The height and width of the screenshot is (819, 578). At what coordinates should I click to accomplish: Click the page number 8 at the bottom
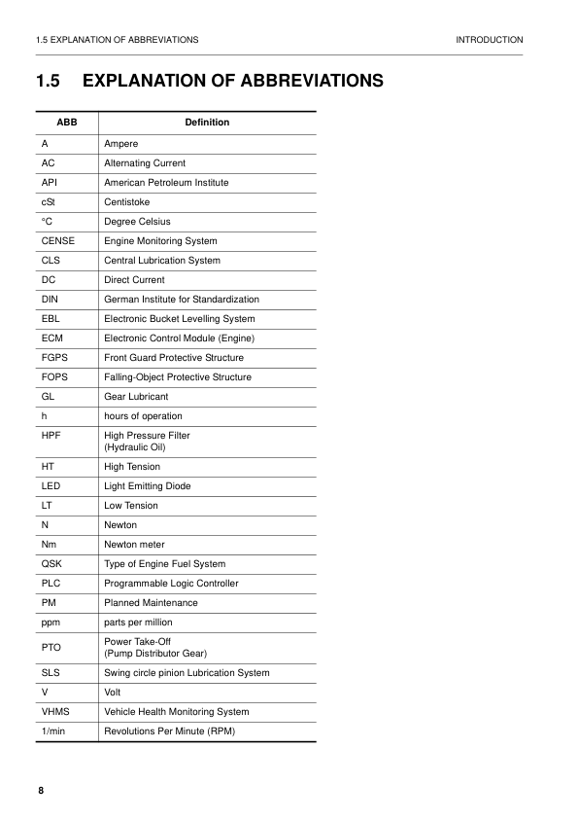point(41,790)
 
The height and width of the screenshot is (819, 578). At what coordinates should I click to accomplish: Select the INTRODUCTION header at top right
point(489,40)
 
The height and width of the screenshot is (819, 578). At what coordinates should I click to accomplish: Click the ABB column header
point(67,123)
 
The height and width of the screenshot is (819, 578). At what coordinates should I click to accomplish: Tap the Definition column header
point(207,123)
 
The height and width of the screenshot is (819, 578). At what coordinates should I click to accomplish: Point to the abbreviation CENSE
point(57,241)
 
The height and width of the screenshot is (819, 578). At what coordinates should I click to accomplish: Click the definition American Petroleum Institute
point(166,183)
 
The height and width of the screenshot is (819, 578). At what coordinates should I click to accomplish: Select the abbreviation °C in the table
point(47,222)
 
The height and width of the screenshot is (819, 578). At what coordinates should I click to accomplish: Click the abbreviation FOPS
point(54,377)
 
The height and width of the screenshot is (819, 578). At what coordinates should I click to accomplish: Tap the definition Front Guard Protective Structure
point(174,358)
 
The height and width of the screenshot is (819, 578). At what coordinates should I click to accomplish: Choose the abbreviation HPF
point(51,436)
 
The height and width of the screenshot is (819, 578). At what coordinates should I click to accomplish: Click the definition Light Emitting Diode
point(147,486)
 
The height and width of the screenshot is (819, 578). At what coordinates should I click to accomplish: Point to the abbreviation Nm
point(49,545)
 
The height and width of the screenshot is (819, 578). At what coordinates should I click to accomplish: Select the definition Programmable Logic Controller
point(171,584)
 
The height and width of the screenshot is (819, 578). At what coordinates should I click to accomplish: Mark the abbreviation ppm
point(51,623)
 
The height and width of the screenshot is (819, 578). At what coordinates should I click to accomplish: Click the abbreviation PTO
point(51,648)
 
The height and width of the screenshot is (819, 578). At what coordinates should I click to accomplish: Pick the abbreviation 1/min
point(54,731)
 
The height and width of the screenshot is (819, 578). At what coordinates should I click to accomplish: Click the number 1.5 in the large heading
point(50,81)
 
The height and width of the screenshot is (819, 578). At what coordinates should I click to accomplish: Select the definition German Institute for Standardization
point(182,300)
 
